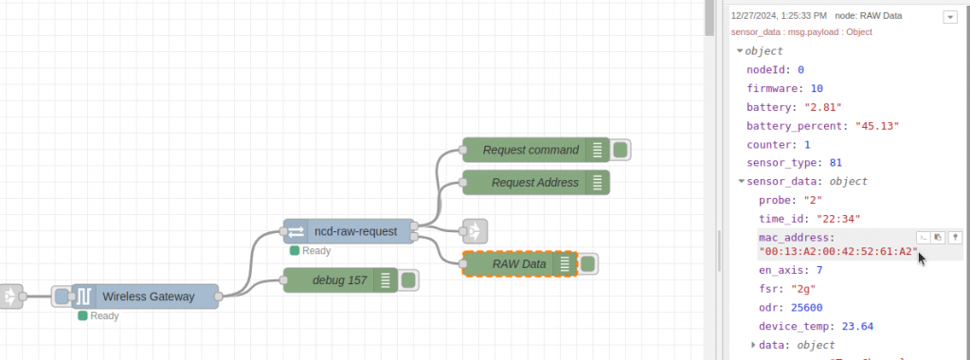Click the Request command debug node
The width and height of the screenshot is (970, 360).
click(530, 150)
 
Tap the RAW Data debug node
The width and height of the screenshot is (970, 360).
click(518, 264)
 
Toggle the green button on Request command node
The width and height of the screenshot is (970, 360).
click(620, 150)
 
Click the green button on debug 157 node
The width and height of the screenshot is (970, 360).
click(409, 279)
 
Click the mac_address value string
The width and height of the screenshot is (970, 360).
click(839, 252)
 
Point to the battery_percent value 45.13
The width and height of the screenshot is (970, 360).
click(877, 126)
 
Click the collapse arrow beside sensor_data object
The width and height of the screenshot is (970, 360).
click(741, 181)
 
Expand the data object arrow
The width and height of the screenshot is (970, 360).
click(754, 345)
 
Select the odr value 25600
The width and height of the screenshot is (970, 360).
click(808, 307)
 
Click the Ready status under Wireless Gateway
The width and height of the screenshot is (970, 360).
click(103, 316)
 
